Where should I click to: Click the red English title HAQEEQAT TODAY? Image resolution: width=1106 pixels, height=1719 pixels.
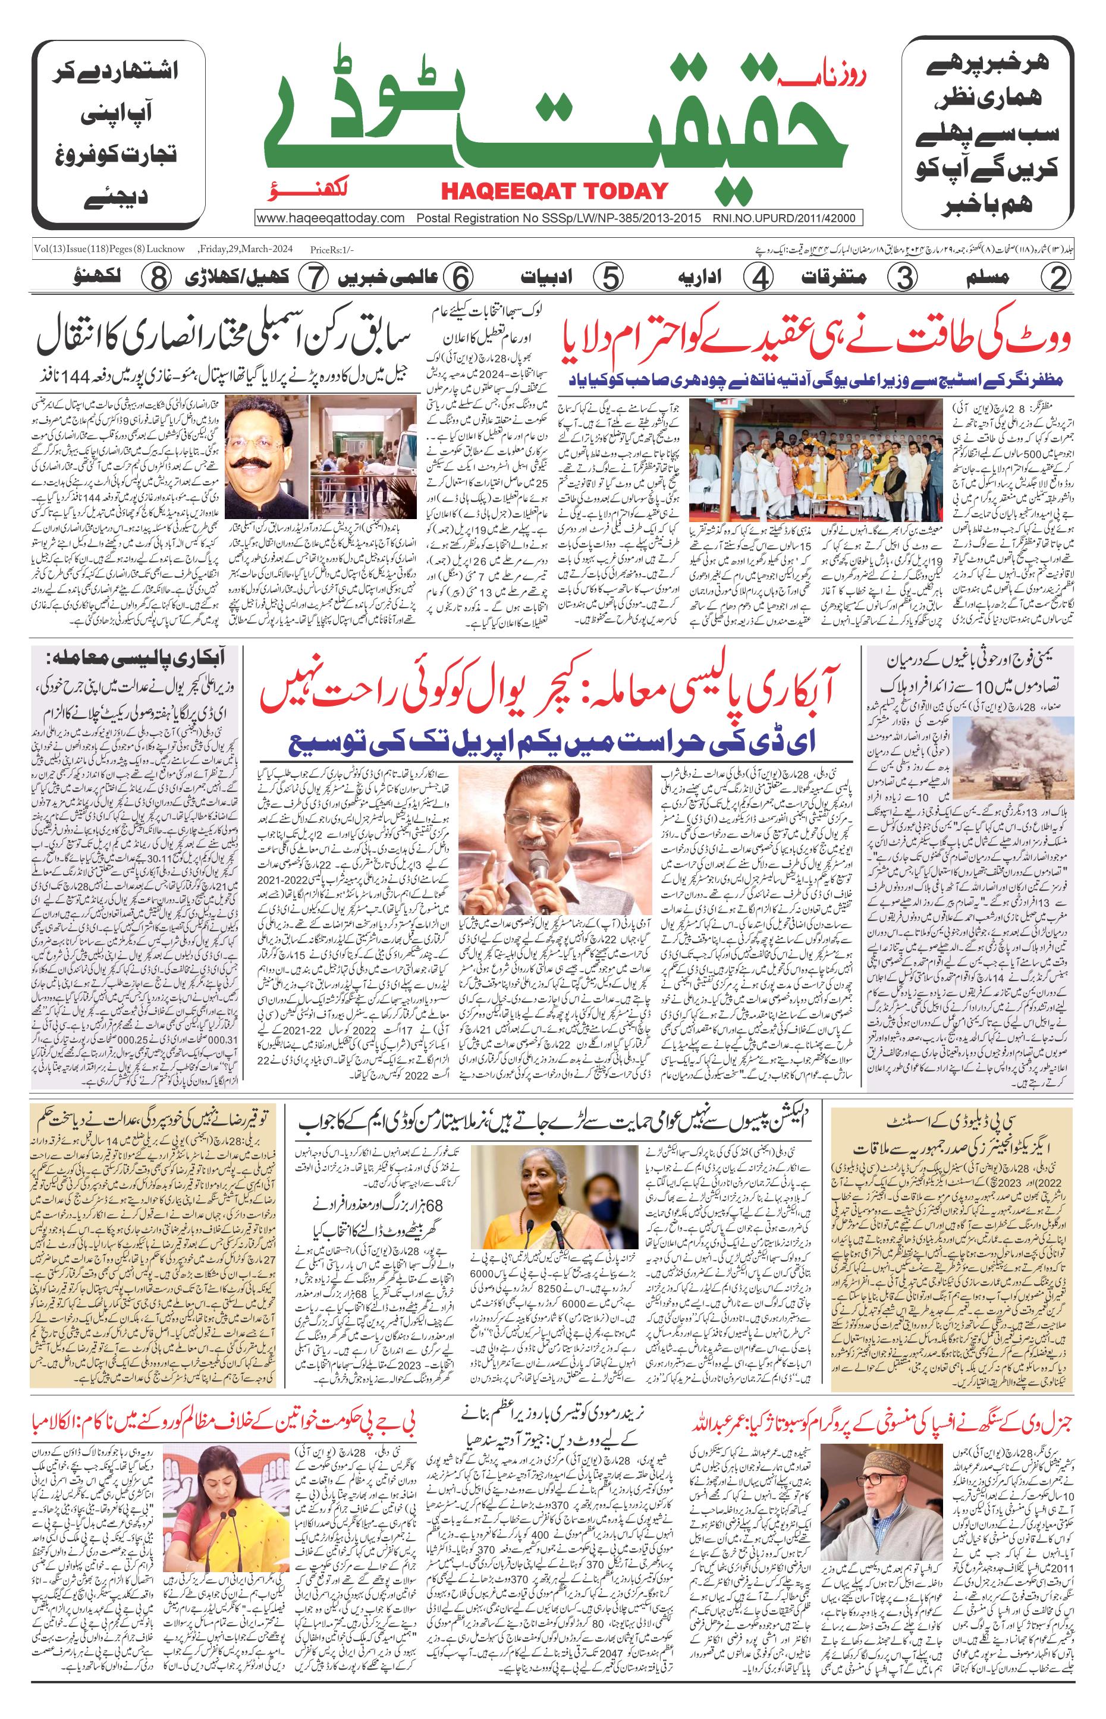[x=554, y=191]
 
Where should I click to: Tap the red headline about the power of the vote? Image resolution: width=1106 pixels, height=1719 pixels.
[x=816, y=338]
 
